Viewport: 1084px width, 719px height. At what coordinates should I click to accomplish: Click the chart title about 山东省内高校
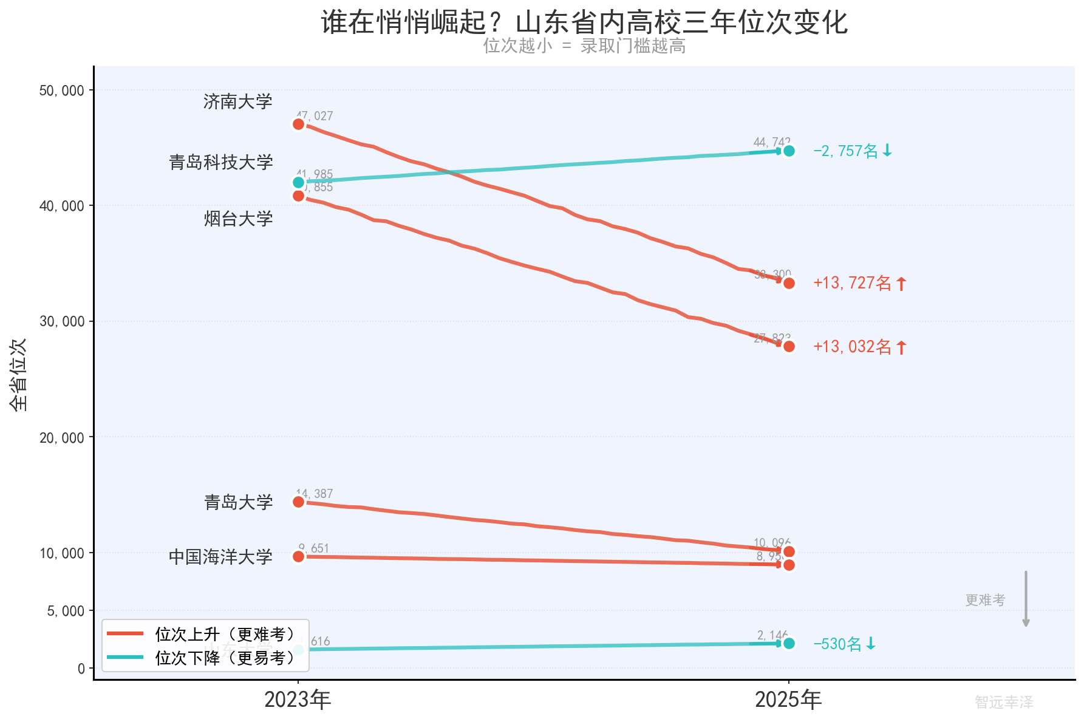(584, 22)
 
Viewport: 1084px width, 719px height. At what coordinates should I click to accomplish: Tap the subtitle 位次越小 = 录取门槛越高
(584, 46)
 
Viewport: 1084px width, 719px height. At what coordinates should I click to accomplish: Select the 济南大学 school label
(238, 101)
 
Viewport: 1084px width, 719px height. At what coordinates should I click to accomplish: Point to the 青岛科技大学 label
(221, 162)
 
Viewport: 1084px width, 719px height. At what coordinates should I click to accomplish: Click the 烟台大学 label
(238, 219)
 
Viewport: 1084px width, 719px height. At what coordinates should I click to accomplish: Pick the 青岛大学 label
(238, 502)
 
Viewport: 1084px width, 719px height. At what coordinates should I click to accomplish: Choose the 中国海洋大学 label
(221, 557)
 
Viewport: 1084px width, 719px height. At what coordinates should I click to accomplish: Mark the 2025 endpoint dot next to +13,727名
(789, 283)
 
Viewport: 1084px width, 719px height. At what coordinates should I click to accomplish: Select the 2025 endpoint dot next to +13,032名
(789, 346)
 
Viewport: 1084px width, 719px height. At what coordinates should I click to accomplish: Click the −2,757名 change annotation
(853, 151)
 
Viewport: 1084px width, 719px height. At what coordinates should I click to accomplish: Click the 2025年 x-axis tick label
(788, 700)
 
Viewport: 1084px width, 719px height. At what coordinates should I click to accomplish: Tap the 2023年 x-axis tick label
(298, 700)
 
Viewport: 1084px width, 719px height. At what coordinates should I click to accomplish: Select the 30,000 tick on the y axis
(62, 321)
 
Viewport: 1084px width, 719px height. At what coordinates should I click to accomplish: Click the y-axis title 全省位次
(19, 375)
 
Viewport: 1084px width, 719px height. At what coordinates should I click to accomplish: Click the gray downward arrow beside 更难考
(1026, 599)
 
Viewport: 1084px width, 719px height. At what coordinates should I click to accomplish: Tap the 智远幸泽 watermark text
(1004, 702)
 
